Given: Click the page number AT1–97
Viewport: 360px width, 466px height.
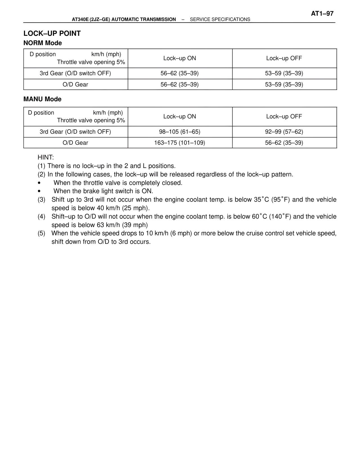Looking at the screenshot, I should [322, 14].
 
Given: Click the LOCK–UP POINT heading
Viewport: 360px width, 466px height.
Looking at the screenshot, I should [52, 33].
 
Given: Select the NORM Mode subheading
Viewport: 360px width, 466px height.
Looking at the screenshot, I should [42, 43].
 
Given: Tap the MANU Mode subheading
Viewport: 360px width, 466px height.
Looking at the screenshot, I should [42, 99].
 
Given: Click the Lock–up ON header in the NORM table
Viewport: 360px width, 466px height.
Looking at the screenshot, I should [179, 58].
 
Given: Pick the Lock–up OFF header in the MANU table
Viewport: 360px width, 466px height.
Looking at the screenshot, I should [284, 116].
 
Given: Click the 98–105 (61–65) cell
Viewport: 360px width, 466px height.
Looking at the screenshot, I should [179, 132].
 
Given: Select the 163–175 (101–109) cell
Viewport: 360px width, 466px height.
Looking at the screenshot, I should [179, 143].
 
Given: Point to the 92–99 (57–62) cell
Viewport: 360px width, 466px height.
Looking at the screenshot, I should [284, 132].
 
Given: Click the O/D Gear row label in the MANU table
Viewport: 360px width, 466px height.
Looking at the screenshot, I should [75, 143].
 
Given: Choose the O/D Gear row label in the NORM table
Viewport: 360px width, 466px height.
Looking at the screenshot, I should [75, 84].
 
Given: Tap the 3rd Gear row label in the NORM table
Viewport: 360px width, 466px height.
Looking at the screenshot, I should [75, 73].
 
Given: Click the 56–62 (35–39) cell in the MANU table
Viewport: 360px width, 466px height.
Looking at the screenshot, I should [284, 143].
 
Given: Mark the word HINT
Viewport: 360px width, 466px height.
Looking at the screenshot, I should [46, 158].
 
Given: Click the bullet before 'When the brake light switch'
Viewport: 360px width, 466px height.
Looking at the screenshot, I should [39, 191].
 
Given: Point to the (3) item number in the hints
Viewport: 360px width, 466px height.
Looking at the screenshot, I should [41, 200].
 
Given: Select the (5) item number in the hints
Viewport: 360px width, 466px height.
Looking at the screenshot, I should [41, 234].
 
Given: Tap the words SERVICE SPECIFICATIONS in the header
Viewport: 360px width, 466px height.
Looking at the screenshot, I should [220, 19].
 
